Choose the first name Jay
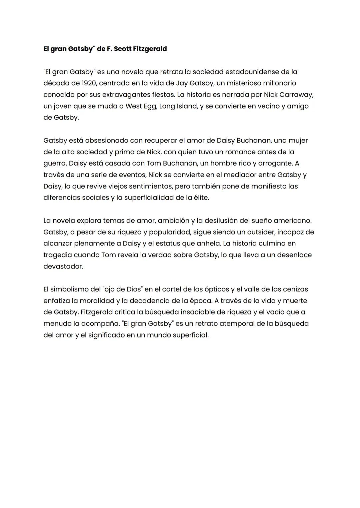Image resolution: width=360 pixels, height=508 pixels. (181, 83)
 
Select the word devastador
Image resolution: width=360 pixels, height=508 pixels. (63, 266)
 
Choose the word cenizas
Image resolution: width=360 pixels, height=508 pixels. (295, 289)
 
